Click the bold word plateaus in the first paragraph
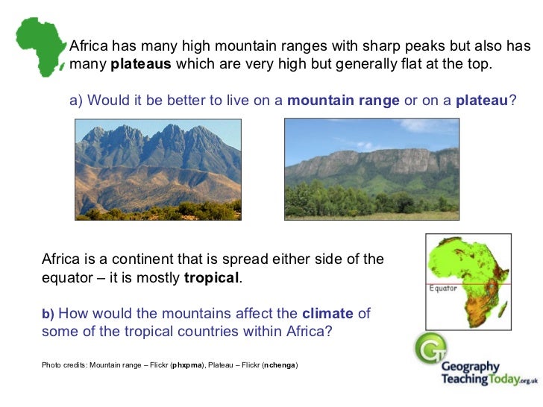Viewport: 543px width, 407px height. click(141, 64)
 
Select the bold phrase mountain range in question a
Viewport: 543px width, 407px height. click(343, 101)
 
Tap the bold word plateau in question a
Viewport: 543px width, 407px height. click(481, 101)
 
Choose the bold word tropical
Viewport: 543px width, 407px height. click(212, 278)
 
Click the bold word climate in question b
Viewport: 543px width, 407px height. click(328, 314)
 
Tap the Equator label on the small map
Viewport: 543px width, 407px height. click(443, 287)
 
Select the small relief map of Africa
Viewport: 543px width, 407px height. click(468, 282)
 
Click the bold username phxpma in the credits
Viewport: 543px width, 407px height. click(186, 365)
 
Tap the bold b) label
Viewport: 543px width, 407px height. click(48, 315)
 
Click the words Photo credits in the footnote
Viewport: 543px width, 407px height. click(63, 365)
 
